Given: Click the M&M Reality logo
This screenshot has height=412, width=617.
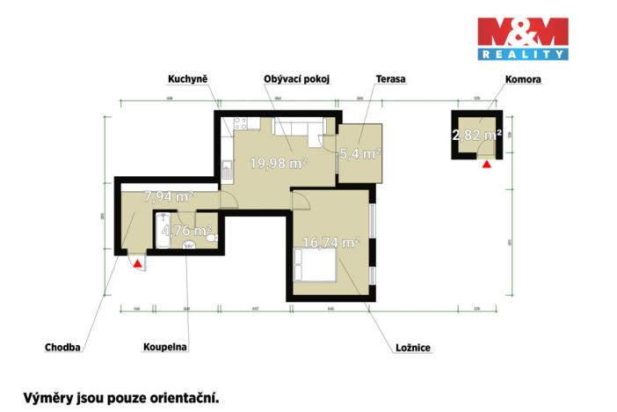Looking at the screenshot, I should click(523, 39).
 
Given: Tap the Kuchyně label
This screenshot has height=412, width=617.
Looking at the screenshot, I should click(187, 79).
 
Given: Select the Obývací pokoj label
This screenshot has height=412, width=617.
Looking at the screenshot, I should click(297, 79).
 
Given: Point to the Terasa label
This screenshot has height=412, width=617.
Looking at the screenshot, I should click(390, 79).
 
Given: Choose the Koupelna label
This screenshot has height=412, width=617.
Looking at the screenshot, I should click(165, 348).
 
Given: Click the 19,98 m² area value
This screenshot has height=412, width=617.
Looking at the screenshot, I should click(278, 163).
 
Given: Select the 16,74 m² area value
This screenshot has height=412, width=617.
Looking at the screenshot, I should click(332, 242).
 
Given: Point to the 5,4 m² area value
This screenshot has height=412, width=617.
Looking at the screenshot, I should click(360, 153).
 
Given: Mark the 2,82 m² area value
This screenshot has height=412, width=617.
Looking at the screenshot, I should click(477, 135).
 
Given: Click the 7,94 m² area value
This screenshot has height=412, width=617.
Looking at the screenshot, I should click(169, 196).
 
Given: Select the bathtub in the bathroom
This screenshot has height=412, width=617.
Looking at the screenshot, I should click(163, 232).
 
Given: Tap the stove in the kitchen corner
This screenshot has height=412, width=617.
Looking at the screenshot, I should click(226, 165).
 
